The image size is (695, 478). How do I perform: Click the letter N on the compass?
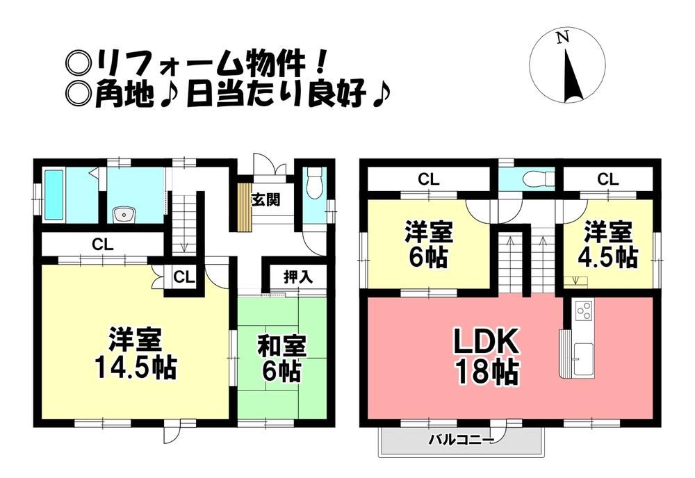(x=563, y=38)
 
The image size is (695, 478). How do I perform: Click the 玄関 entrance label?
(x=266, y=200)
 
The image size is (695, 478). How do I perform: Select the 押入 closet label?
(x=298, y=277)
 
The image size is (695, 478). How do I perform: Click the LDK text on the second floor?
(x=485, y=342)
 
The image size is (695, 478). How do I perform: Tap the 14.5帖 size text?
(x=136, y=368)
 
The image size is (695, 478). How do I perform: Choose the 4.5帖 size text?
(x=607, y=256)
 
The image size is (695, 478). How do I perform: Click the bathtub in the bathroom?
(x=54, y=195)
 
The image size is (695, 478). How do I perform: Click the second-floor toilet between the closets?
(x=539, y=179)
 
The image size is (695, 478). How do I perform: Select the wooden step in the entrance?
(x=244, y=206)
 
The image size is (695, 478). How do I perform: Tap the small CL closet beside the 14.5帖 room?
(x=184, y=278)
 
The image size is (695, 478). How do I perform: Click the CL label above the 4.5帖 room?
(x=607, y=179)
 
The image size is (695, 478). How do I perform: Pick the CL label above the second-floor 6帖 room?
(x=428, y=179)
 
